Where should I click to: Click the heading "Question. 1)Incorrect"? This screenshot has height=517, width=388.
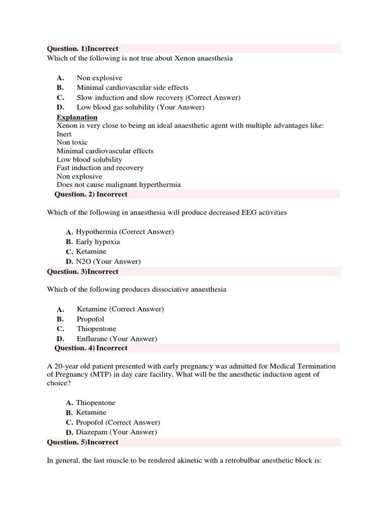(83, 48)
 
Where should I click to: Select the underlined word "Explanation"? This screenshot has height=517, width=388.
(77, 117)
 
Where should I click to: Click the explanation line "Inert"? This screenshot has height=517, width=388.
(64, 134)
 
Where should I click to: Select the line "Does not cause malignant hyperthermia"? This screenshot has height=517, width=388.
(118, 185)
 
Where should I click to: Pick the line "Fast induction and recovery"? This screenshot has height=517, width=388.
(100, 168)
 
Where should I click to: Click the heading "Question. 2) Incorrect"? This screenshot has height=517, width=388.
(91, 194)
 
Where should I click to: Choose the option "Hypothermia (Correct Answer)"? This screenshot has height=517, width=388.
(125, 232)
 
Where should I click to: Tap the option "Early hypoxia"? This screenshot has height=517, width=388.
(98, 242)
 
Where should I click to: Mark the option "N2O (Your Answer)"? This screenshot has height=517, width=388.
(108, 262)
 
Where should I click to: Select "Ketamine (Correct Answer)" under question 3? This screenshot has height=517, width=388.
(120, 309)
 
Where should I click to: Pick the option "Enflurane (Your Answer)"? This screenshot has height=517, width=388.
(117, 339)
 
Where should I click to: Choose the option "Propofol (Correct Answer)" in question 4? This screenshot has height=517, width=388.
(118, 422)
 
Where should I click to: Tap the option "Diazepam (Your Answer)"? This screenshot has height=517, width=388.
(116, 432)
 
